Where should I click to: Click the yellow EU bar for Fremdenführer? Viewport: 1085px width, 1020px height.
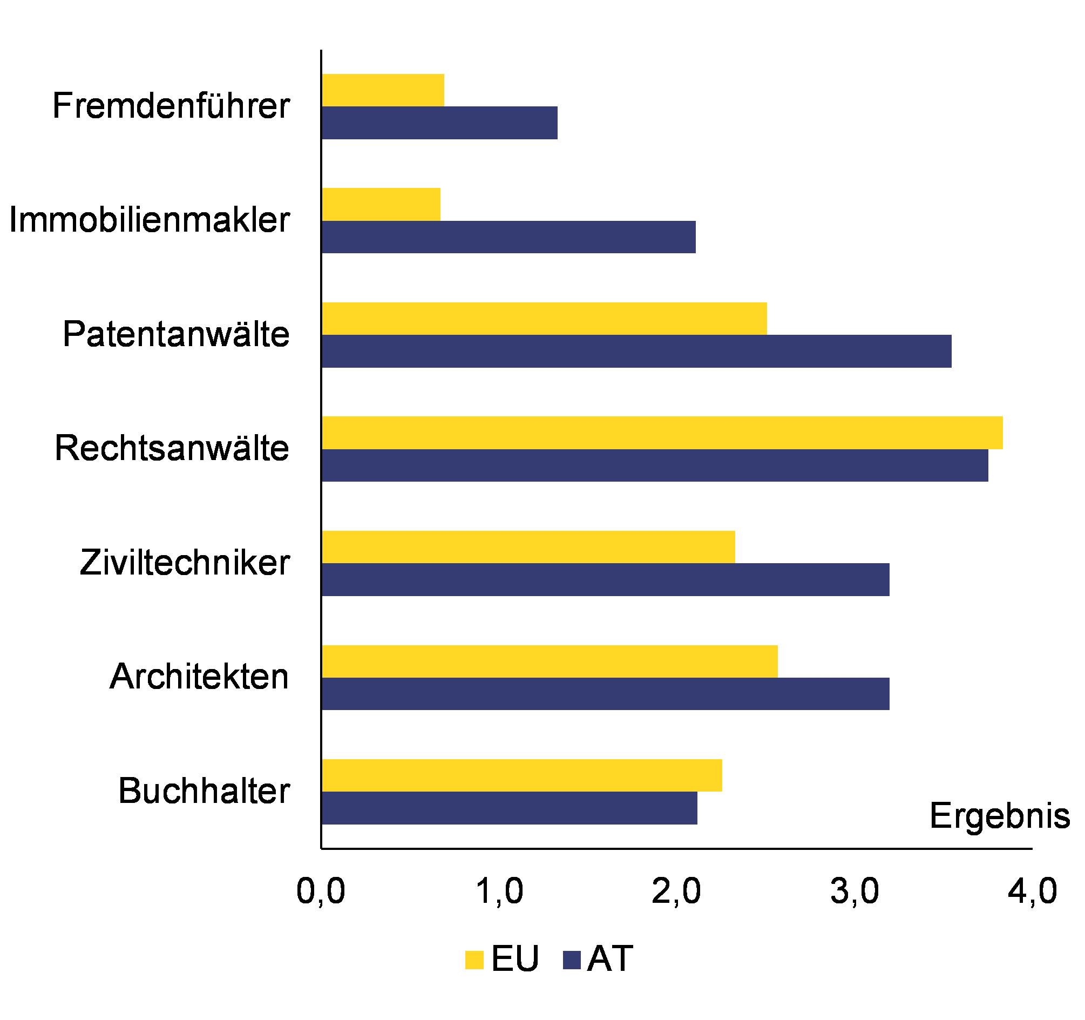pyautogui.click(x=383, y=90)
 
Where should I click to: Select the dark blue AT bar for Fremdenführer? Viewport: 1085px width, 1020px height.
pyautogui.click(x=439, y=123)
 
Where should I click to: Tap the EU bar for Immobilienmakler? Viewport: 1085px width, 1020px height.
pyautogui.click(x=381, y=204)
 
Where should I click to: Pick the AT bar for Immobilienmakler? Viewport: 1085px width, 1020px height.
pyautogui.click(x=508, y=237)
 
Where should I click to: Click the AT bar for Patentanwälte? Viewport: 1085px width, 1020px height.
pyautogui.click(x=636, y=351)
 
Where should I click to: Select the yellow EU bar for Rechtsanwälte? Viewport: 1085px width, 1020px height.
pyautogui.click(x=662, y=433)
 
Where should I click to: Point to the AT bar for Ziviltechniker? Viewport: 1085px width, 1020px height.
pyautogui.click(x=605, y=579)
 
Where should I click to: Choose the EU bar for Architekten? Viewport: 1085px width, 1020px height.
pyautogui.click(x=550, y=661)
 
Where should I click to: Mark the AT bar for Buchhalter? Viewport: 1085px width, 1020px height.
pyautogui.click(x=509, y=808)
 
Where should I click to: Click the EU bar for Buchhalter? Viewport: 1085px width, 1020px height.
pyautogui.click(x=522, y=775)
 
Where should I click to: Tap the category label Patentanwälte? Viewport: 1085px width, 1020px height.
pyautogui.click(x=176, y=334)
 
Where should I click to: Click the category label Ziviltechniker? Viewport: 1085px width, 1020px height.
pyautogui.click(x=185, y=563)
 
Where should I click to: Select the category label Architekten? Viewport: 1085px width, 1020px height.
pyautogui.click(x=199, y=677)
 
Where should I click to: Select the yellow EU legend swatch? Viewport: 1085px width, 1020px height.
pyautogui.click(x=474, y=960)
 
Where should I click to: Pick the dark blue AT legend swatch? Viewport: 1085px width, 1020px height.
pyautogui.click(x=571, y=960)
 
